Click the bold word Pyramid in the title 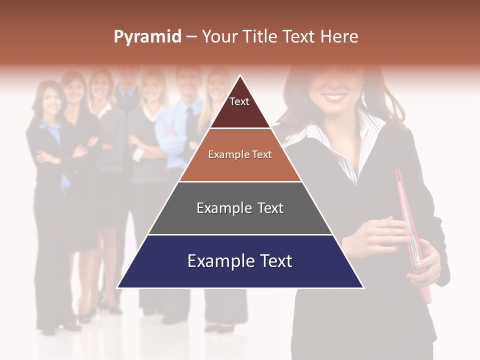[147, 37]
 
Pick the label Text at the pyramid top [239, 101]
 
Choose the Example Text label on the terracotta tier [240, 154]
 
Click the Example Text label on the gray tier [240, 208]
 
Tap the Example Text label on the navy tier [240, 261]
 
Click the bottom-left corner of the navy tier [118, 287]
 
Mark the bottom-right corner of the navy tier [362, 287]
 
